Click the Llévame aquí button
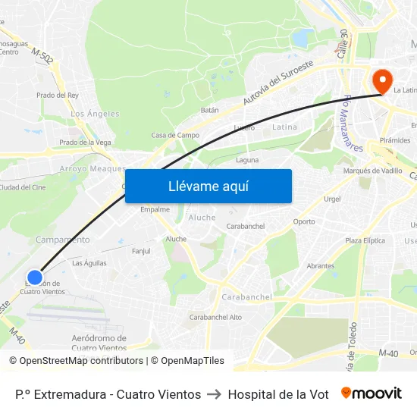[x=208, y=186]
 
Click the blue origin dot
[x=34, y=277]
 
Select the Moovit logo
[x=371, y=393]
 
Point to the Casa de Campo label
[x=175, y=136]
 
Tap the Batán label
[x=210, y=110]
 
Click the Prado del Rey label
[x=58, y=96]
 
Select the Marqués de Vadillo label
[x=373, y=171]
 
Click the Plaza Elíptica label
[x=364, y=240]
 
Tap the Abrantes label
[x=321, y=266]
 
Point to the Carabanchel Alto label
[x=215, y=317]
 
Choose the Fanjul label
[x=141, y=251]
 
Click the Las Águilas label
[x=89, y=263]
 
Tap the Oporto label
[x=304, y=222]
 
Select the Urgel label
[x=332, y=199]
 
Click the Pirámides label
[x=395, y=141]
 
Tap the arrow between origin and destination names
[x=215, y=394]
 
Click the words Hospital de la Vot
[x=278, y=394]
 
